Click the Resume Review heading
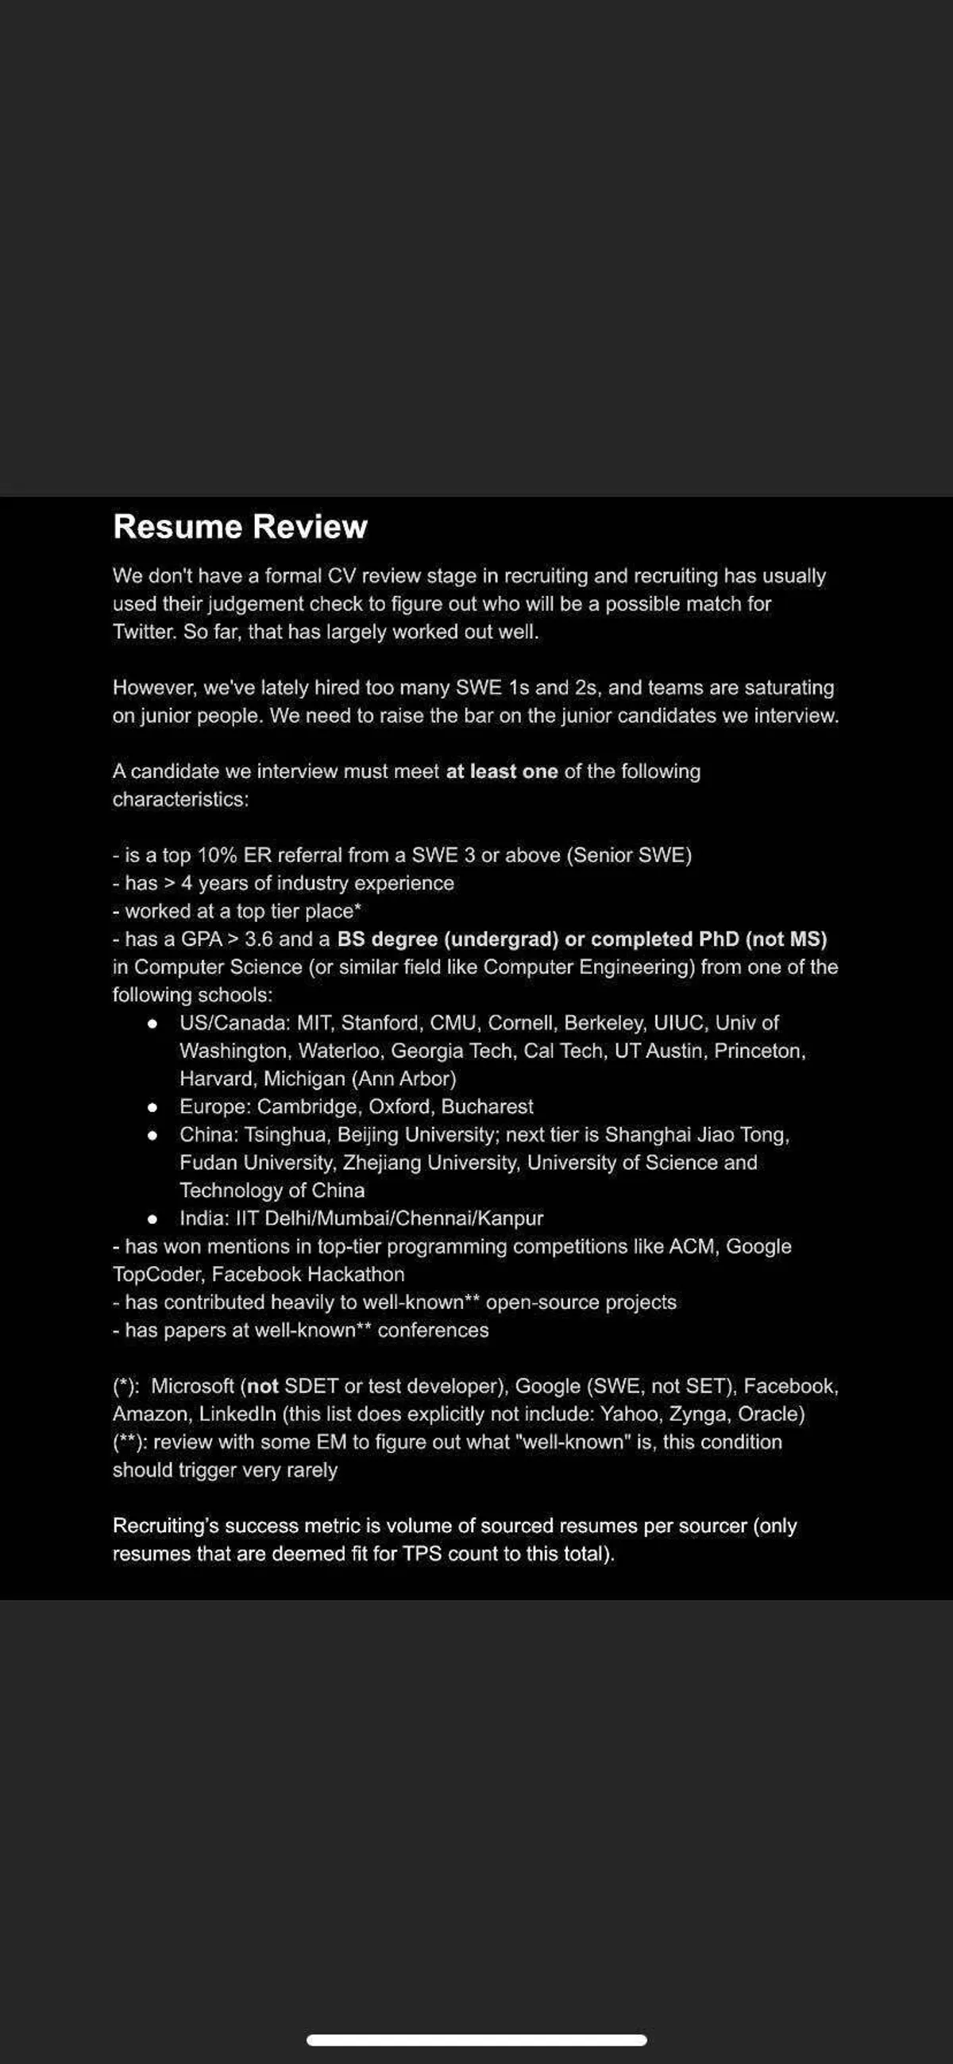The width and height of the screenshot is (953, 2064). (x=241, y=527)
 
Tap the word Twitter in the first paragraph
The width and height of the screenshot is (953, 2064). (x=141, y=632)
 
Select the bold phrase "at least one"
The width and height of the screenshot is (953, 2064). (x=501, y=772)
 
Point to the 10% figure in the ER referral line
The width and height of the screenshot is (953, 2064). (x=217, y=856)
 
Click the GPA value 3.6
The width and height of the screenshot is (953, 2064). (x=259, y=939)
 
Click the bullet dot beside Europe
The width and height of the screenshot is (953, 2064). (x=152, y=1107)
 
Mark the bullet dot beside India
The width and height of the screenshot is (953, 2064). (x=152, y=1219)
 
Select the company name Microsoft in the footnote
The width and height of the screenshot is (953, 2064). (x=192, y=1387)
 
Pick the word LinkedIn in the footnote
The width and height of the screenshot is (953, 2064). (x=237, y=1415)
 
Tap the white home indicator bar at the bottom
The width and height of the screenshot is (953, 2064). (x=476, y=2040)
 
